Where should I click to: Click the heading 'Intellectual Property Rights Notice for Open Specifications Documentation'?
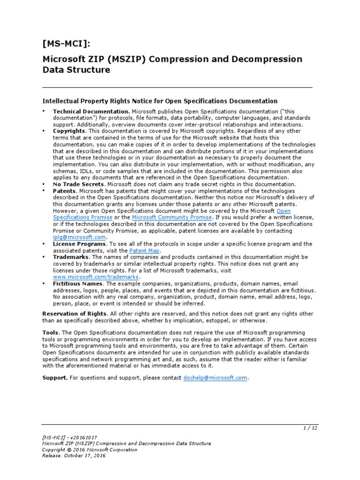click(x=160, y=101)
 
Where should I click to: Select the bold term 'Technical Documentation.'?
click(x=91, y=112)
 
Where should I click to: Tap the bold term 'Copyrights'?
click(x=69, y=131)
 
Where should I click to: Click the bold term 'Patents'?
click(x=64, y=191)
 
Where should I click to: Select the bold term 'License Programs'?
click(x=80, y=244)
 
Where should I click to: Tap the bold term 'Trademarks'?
click(x=71, y=257)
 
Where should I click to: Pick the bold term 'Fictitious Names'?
click(x=78, y=284)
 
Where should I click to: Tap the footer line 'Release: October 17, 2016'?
click(x=74, y=456)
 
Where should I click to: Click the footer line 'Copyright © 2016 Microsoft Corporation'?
click(x=90, y=450)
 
